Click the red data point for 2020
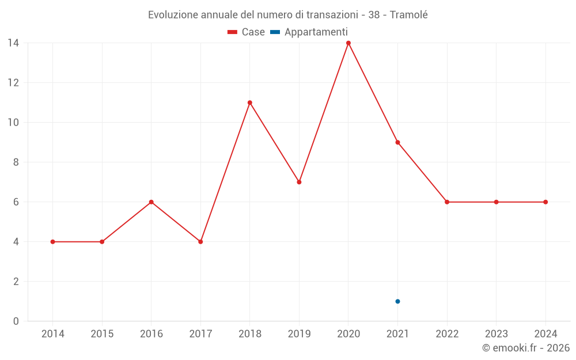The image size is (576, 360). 348,43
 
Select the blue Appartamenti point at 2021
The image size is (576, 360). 397,301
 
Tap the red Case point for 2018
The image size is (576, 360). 250,103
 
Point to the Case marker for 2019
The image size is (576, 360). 299,182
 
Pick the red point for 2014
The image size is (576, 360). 52,242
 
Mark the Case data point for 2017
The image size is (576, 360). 200,242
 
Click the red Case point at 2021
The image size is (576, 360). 397,142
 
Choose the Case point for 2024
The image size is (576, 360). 545,202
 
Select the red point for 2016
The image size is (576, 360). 151,202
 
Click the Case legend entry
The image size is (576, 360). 246,32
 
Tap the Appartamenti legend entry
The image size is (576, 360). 309,32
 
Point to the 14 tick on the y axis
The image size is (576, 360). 13,43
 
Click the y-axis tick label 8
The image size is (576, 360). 16,162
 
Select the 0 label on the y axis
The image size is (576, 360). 16,321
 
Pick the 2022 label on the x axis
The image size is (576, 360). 447,334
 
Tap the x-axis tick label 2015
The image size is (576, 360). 102,334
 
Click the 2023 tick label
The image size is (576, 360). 496,334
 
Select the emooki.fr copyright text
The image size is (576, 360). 526,348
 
